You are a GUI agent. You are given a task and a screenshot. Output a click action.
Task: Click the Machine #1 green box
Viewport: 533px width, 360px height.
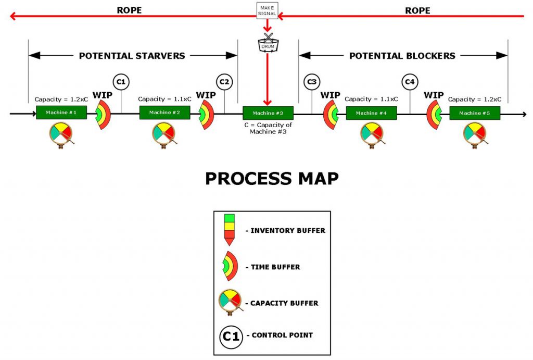[x=61, y=113]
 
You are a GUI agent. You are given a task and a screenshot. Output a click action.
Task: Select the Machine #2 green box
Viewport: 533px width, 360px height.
[x=164, y=113]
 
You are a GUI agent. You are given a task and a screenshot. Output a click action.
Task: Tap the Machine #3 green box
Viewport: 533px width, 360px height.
[x=268, y=113]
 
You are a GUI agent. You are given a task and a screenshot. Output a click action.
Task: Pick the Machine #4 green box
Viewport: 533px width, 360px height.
[x=371, y=113]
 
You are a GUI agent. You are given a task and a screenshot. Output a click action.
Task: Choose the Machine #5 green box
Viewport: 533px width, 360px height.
[x=475, y=113]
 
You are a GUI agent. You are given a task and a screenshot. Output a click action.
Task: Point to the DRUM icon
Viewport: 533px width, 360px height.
[x=268, y=44]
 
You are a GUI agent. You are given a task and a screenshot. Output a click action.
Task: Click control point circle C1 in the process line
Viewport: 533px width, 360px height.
[x=121, y=81]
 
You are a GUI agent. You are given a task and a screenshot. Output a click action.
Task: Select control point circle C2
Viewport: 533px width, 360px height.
[x=224, y=81]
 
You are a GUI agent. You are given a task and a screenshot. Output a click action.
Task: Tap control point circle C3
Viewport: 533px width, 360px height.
[x=312, y=81]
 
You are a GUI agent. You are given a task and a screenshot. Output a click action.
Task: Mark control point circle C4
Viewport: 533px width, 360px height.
[x=410, y=81]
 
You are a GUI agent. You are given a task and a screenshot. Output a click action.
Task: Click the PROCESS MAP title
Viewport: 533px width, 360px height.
[x=272, y=178]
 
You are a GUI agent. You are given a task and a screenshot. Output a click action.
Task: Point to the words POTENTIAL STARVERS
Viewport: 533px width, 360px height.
[x=132, y=56]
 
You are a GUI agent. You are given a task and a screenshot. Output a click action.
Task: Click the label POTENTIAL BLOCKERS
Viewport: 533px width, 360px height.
[x=402, y=56]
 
